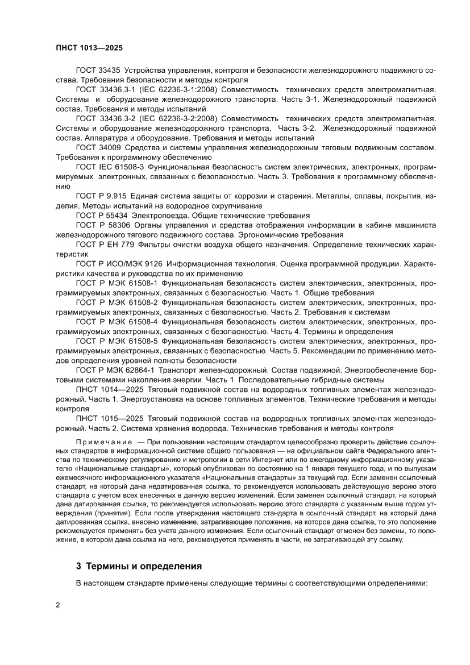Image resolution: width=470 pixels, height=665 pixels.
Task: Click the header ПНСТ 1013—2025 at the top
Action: click(x=89, y=49)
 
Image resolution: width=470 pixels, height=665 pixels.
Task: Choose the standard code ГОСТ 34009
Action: click(x=97, y=148)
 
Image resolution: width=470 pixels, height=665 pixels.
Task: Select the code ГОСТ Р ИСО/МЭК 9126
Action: click(x=119, y=264)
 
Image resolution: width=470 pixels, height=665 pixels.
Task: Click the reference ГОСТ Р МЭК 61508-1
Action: click(x=117, y=283)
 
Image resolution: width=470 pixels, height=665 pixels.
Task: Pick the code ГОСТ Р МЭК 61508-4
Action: click(x=117, y=321)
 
